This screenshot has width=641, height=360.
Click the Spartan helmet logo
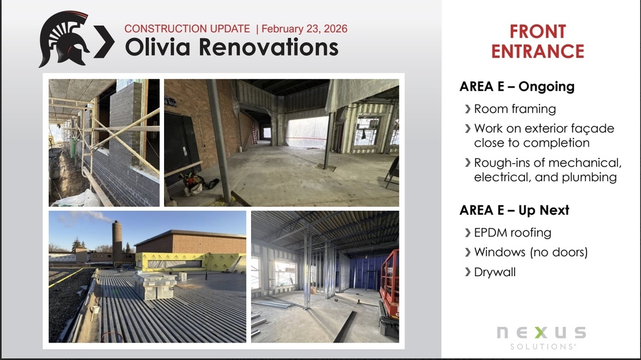tap(64, 38)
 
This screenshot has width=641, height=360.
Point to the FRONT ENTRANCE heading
tap(537, 41)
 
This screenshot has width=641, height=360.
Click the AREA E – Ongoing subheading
tap(516, 87)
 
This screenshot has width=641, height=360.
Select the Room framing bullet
tap(515, 109)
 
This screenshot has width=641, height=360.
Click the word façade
tap(591, 128)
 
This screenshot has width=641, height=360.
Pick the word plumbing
tap(588, 177)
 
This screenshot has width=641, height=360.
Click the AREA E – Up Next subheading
tap(514, 210)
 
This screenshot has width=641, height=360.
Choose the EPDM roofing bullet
tap(512, 233)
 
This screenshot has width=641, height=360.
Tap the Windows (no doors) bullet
tap(531, 252)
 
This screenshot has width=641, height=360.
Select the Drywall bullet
tap(495, 272)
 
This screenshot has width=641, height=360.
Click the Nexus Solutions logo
tap(541, 336)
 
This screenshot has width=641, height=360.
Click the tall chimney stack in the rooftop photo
tap(117, 241)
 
